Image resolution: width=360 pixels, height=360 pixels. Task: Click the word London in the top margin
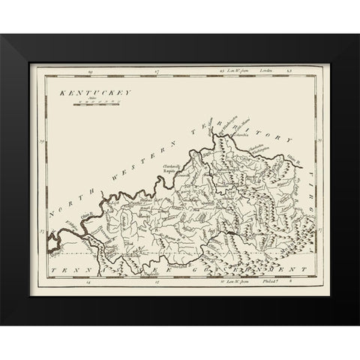tap(263, 72)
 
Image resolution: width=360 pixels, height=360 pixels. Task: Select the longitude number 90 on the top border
tap(89, 72)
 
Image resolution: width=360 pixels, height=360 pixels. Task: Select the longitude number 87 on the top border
tap(156, 72)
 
